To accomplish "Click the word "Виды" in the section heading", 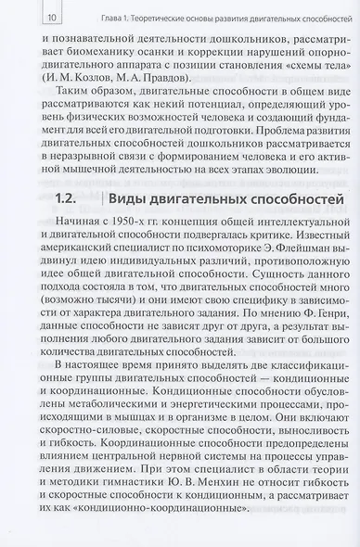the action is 131,225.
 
